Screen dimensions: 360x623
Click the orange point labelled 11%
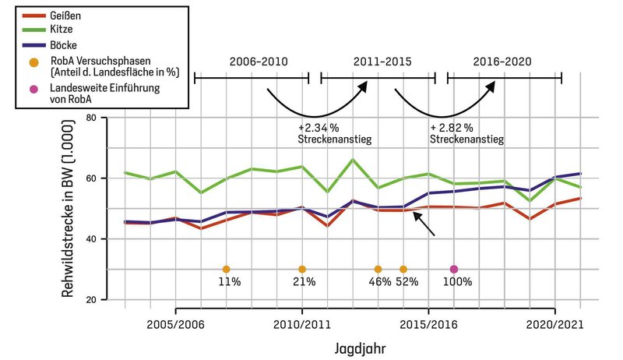226,270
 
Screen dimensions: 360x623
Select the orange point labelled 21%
302,270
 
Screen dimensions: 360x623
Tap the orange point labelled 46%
378,270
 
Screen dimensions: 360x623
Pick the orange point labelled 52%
403,270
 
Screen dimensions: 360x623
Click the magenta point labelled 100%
454,270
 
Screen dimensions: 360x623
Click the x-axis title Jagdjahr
364,344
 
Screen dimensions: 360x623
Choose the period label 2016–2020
504,60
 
